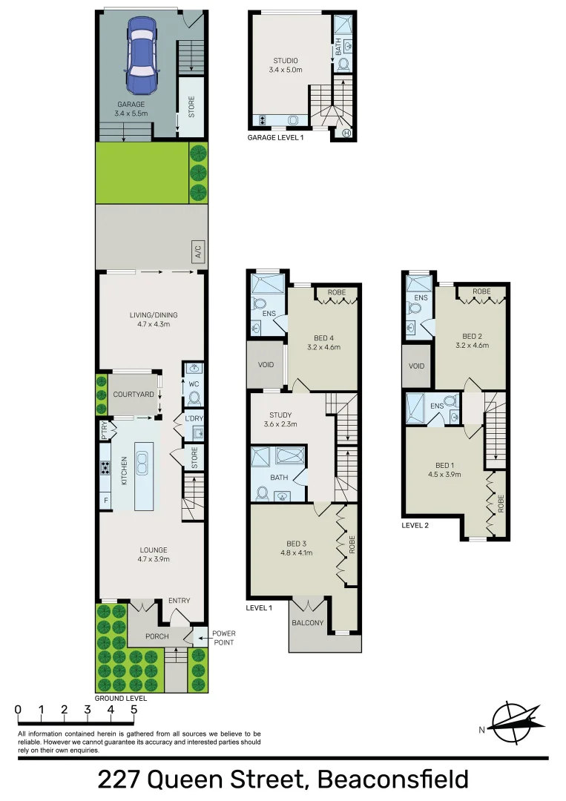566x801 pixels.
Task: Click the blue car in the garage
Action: coord(142,56)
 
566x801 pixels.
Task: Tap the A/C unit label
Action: coord(197,252)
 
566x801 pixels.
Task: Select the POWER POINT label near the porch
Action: coord(223,638)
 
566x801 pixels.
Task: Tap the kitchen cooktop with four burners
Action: coord(105,467)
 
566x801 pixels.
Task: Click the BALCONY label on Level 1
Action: coord(307,623)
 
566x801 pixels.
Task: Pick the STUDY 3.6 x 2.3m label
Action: coord(280,420)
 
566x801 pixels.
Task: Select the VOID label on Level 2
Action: coord(417,366)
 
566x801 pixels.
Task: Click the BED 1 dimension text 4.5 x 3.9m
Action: coord(444,474)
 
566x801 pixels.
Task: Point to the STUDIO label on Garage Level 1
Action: coord(285,61)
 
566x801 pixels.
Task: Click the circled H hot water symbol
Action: coord(346,133)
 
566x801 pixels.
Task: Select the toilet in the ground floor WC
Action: coord(194,398)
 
